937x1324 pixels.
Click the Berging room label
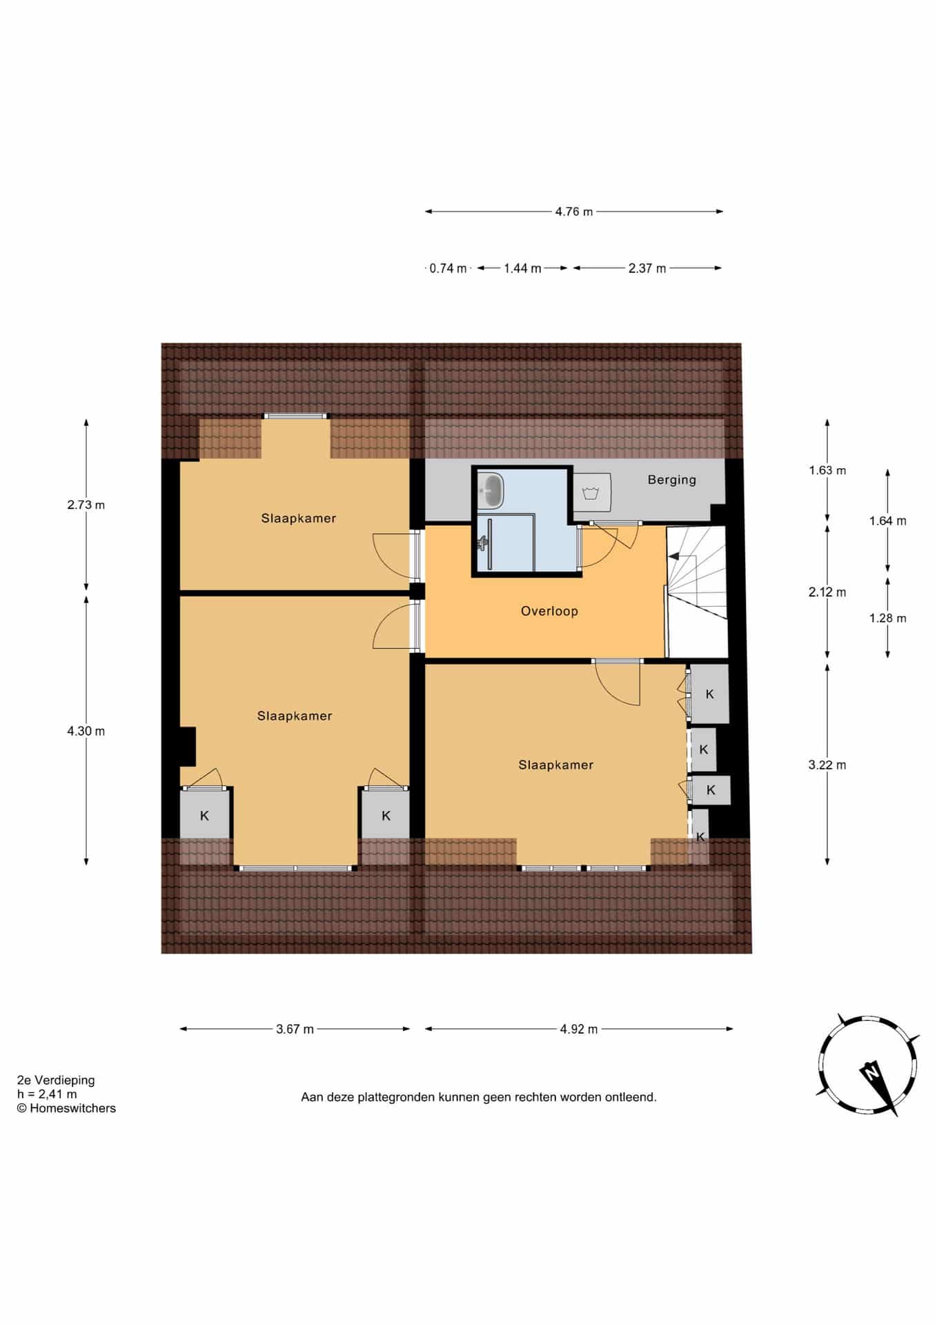click(671, 480)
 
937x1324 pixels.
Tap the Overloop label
click(549, 611)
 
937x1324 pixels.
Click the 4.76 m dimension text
click(574, 212)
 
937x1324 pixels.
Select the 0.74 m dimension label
click(448, 268)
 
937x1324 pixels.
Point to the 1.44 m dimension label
click(522, 268)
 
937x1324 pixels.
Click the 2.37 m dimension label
click(647, 268)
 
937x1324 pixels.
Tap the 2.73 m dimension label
click(86, 505)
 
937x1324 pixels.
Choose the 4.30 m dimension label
click(86, 731)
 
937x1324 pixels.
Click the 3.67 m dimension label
click(295, 1029)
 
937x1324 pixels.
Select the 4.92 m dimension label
click(579, 1029)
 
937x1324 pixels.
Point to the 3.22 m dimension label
click(827, 765)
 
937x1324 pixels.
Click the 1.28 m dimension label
click(888, 618)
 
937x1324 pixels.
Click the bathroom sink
click(491, 490)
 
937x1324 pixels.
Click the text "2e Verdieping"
click(56, 1081)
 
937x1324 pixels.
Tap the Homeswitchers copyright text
click(66, 1108)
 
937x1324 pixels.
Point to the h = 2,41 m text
click(47, 1094)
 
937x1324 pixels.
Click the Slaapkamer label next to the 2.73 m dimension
click(298, 519)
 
